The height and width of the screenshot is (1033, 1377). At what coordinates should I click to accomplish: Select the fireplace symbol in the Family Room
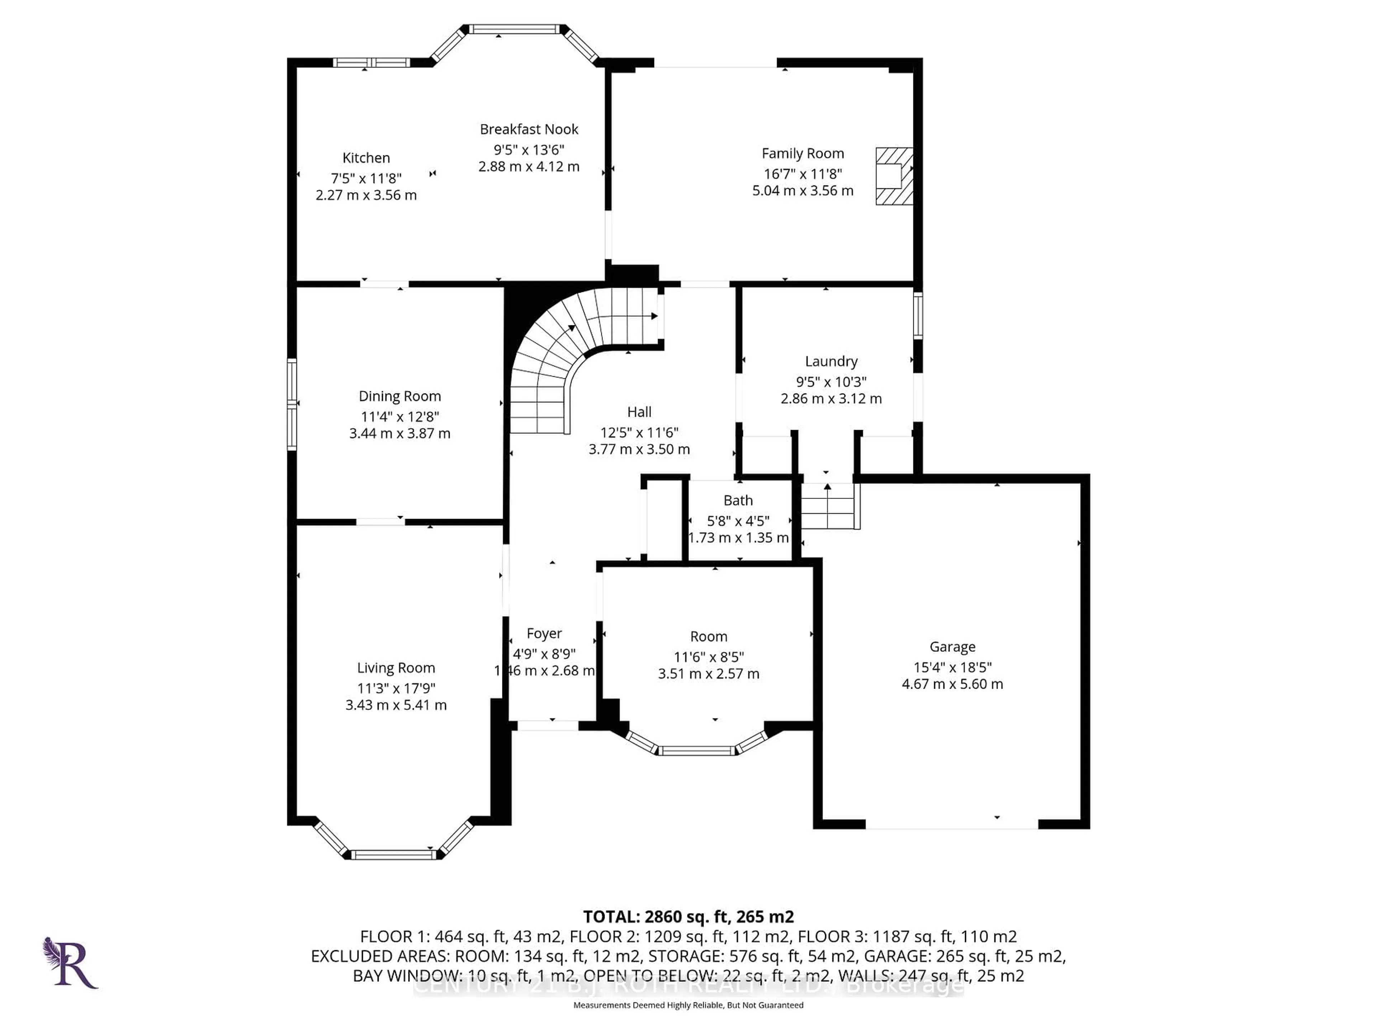[894, 176]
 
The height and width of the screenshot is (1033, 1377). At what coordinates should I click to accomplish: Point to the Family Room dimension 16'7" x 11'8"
[803, 174]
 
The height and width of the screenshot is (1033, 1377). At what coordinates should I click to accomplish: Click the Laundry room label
[831, 361]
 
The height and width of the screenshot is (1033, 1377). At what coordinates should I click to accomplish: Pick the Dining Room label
[400, 396]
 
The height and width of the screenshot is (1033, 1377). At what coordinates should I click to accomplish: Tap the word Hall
[639, 411]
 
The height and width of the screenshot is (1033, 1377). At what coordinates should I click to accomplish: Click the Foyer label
[544, 633]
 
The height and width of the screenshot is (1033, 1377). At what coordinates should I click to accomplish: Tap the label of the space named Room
[709, 636]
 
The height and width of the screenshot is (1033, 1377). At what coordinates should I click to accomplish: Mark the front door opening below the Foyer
[548, 725]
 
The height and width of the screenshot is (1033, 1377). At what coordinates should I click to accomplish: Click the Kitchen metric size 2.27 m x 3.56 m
[366, 195]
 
